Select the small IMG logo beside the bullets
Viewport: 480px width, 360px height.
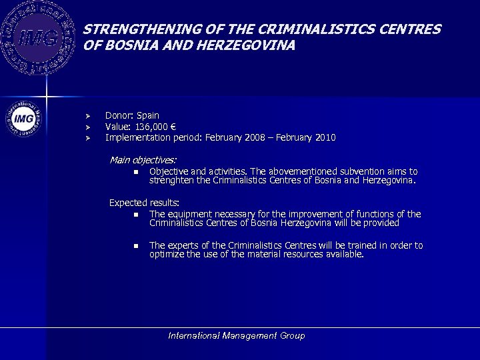pos(23,119)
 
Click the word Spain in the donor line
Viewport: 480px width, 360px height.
pos(148,115)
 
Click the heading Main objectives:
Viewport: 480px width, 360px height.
pos(143,160)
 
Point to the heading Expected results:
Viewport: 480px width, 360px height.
pos(144,203)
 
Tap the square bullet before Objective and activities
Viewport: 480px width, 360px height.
pos(135,172)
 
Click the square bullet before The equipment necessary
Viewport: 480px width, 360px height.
pos(135,215)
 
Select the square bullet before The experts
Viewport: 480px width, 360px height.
pos(135,246)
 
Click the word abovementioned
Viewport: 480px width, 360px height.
pos(301,171)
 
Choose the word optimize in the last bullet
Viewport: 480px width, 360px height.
pos(168,254)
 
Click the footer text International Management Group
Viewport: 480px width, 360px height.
pos(237,336)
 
